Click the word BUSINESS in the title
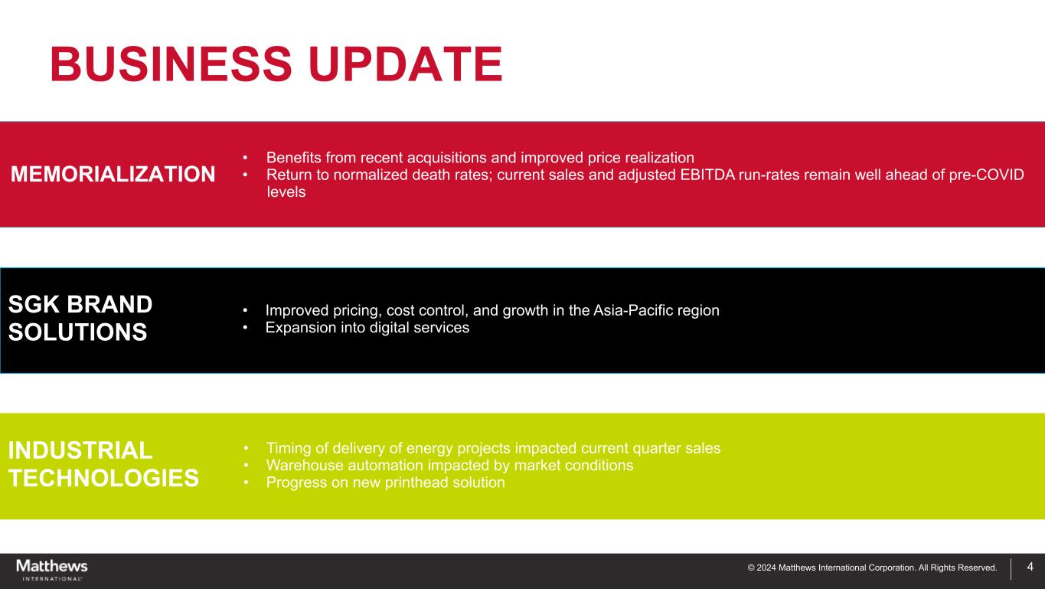coord(171,64)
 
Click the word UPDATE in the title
coord(406,64)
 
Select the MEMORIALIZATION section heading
coord(113,174)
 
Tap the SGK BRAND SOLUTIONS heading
coord(80,318)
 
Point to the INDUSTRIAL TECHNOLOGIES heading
coord(103,464)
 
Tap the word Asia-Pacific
coord(626,310)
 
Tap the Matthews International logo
coord(52,570)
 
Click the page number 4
coord(1030,567)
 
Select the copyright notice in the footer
coord(872,568)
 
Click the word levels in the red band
coord(286,191)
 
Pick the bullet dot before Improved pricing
coord(245,310)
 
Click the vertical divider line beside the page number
coord(1011,569)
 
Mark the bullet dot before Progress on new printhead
coord(246,483)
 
